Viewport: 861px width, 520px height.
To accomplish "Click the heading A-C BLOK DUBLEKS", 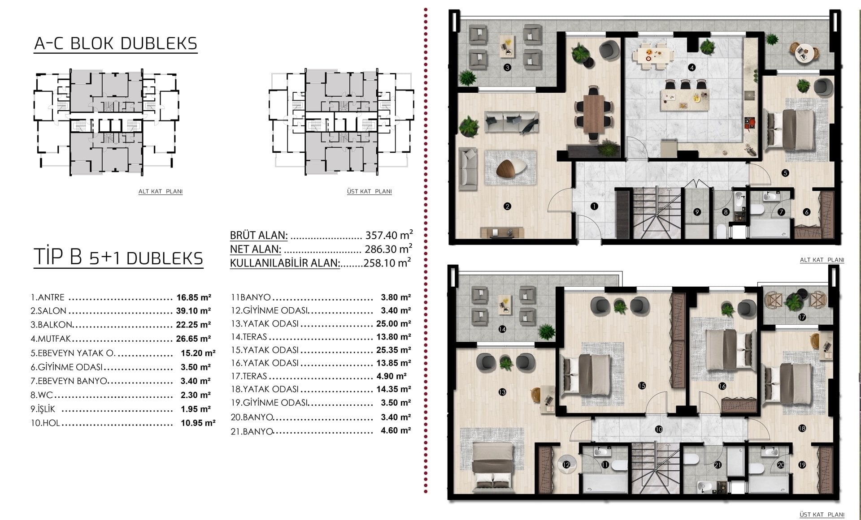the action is (116, 43).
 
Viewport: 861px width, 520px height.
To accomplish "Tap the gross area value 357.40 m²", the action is (389, 235).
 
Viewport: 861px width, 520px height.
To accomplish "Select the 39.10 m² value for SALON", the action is (194, 311).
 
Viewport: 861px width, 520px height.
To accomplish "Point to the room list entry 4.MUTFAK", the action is (51, 339).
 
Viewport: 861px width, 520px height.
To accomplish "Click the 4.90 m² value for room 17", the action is (391, 376).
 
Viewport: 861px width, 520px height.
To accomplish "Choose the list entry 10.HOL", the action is (45, 423).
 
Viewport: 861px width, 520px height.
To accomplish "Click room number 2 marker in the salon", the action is (507, 206).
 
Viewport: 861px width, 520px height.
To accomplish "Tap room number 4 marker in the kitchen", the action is (692, 68).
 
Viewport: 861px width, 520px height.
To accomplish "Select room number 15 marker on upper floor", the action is (642, 386).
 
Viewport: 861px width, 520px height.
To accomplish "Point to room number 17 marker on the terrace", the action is (802, 317).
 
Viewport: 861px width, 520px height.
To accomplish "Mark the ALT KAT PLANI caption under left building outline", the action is (161, 191).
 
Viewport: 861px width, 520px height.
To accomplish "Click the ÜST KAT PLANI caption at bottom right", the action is (822, 515).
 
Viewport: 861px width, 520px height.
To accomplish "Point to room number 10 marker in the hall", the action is (659, 429).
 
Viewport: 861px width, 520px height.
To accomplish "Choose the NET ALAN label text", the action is (256, 249).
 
